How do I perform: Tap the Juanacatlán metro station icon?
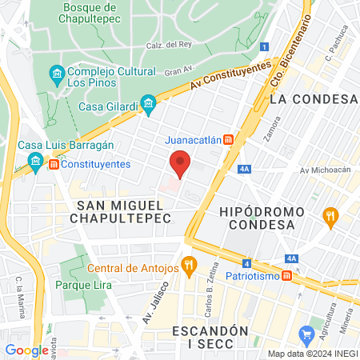tap(229, 138)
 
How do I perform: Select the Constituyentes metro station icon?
tap(54, 164)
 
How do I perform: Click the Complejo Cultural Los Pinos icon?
tap(57, 76)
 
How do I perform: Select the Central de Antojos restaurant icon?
tap(189, 265)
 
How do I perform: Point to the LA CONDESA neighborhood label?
tap(313, 99)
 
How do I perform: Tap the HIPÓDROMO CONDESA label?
tap(262, 218)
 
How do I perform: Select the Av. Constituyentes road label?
tap(230, 78)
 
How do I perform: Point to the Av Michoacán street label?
tap(326, 170)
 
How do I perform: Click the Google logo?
tap(26, 350)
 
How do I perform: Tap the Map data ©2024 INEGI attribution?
tap(311, 354)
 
